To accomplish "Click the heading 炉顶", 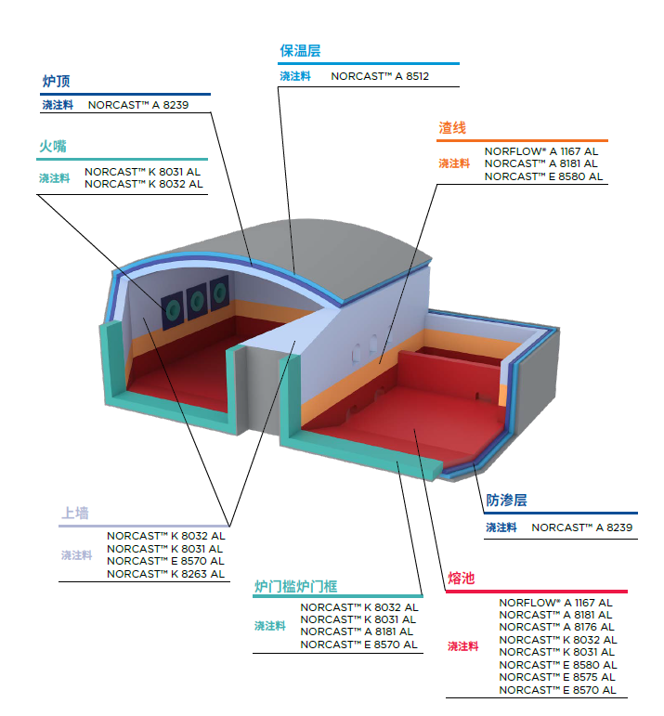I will [x=56, y=82].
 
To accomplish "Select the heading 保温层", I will [x=300, y=52].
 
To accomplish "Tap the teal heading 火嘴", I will [x=52, y=147].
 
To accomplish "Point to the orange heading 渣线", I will [x=452, y=128].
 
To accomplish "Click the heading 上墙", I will [x=75, y=513].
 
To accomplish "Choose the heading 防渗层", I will [x=506, y=501].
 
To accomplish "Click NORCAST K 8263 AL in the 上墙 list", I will [x=165, y=574].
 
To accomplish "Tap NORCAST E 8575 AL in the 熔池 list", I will [x=557, y=677].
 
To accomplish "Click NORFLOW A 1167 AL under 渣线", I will [x=541, y=150].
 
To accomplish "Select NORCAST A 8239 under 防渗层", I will [x=581, y=527].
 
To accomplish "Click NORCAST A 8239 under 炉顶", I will [x=138, y=105].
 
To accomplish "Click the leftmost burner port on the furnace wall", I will [x=174, y=306].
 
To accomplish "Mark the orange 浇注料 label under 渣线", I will [x=454, y=163].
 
